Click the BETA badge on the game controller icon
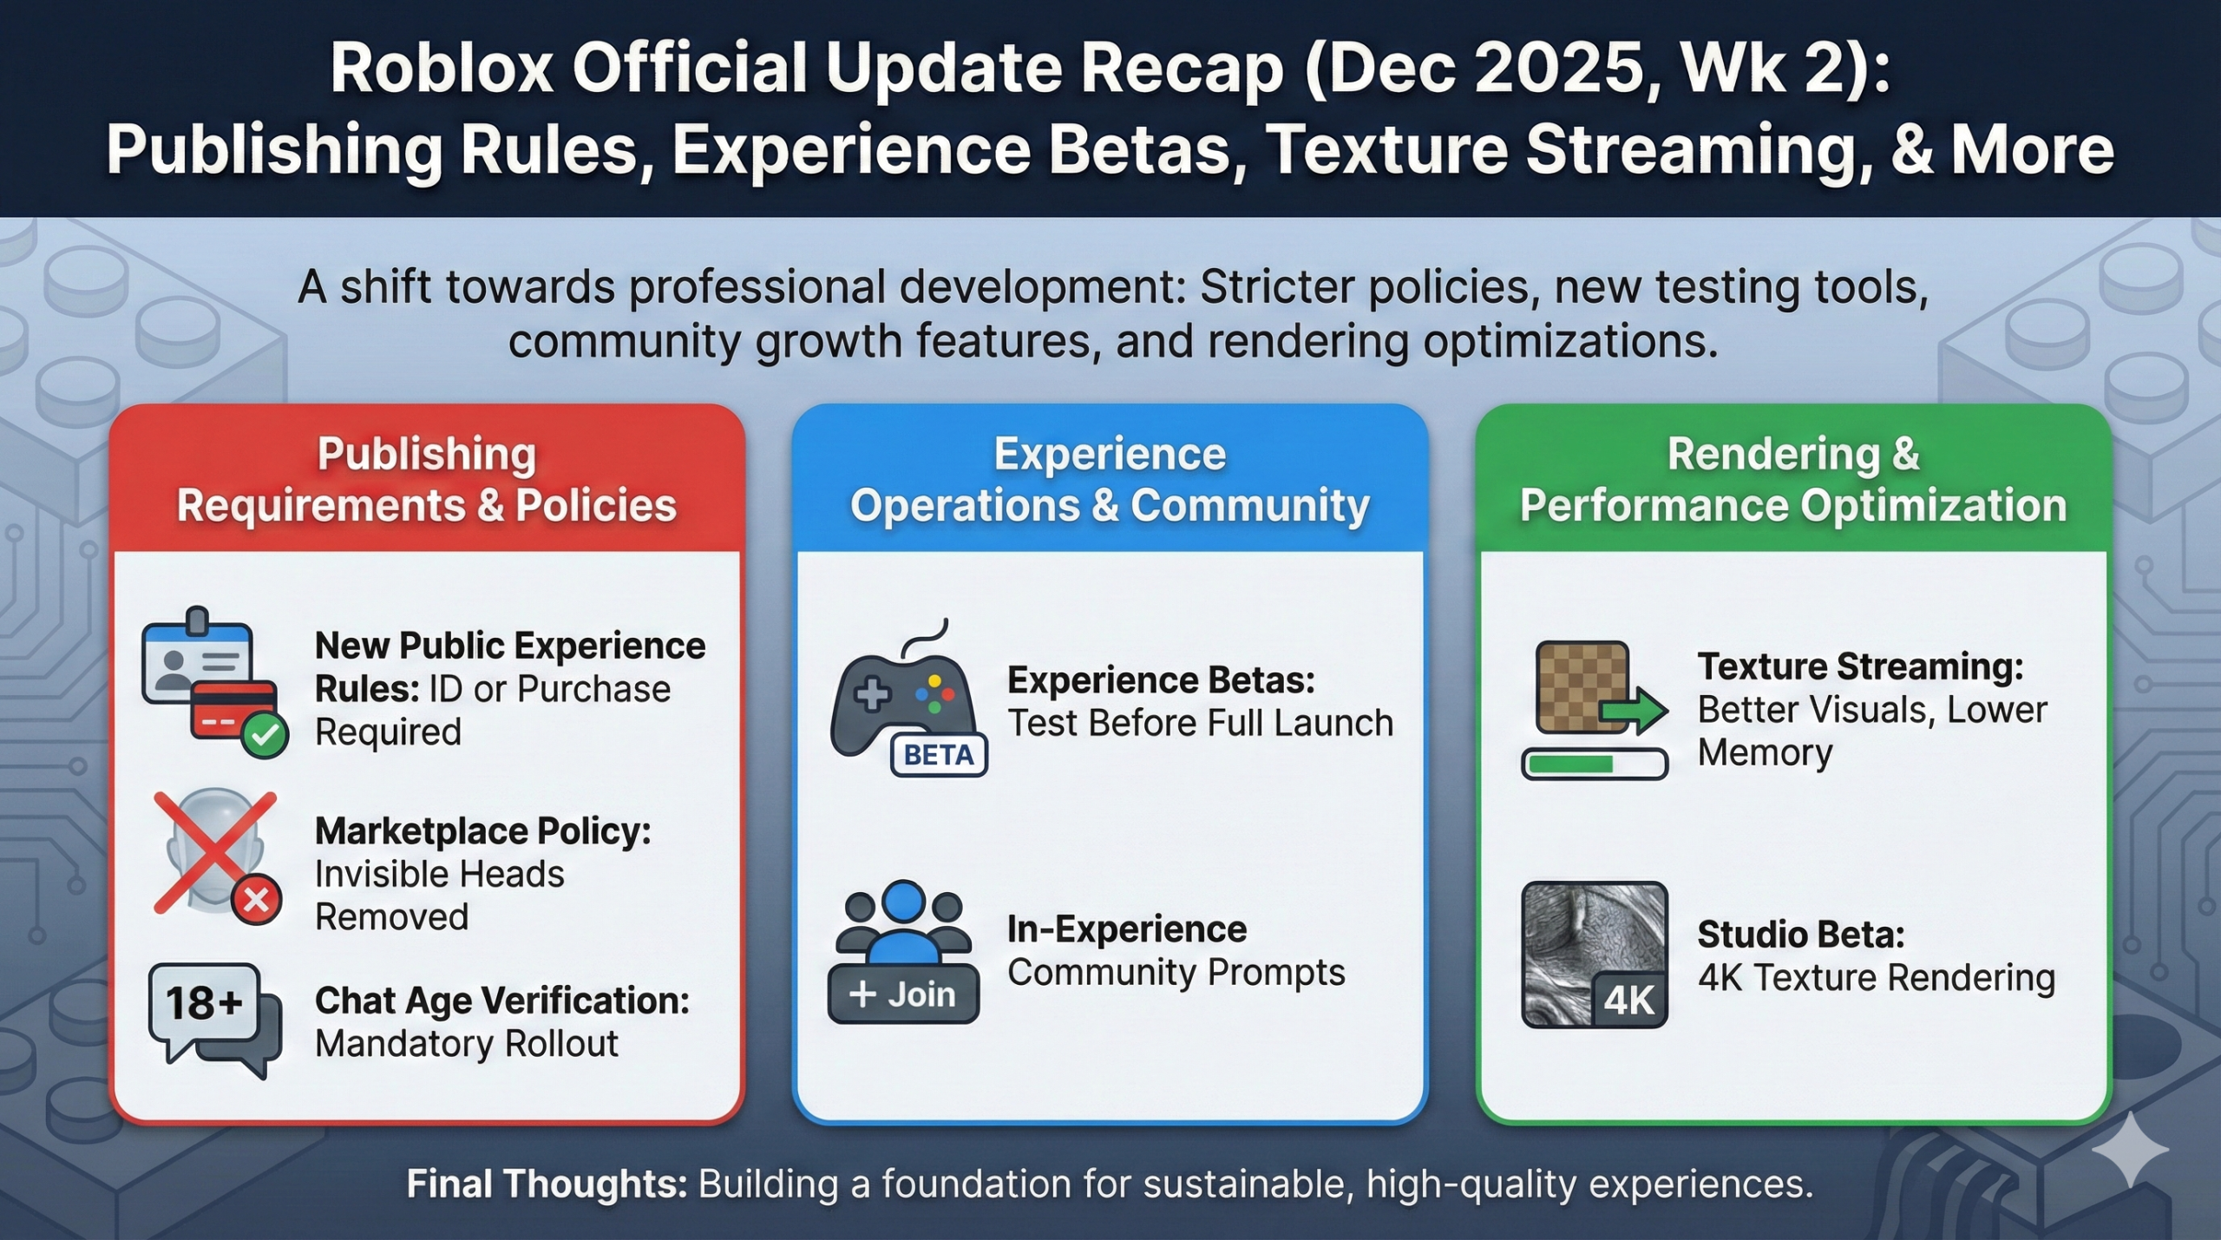(939, 755)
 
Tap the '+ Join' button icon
(903, 994)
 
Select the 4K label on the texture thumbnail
(1628, 1001)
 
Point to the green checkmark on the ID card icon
(265, 735)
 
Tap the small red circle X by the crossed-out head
(256, 900)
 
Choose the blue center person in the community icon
(903, 920)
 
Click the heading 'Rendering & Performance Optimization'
(1793, 479)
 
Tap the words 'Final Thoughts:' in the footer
(547, 1184)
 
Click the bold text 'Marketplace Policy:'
(482, 831)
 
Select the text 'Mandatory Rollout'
(467, 1044)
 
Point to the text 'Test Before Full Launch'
(1200, 723)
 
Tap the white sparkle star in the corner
(2130, 1149)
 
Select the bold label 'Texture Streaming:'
(1860, 666)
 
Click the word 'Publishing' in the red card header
(426, 454)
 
